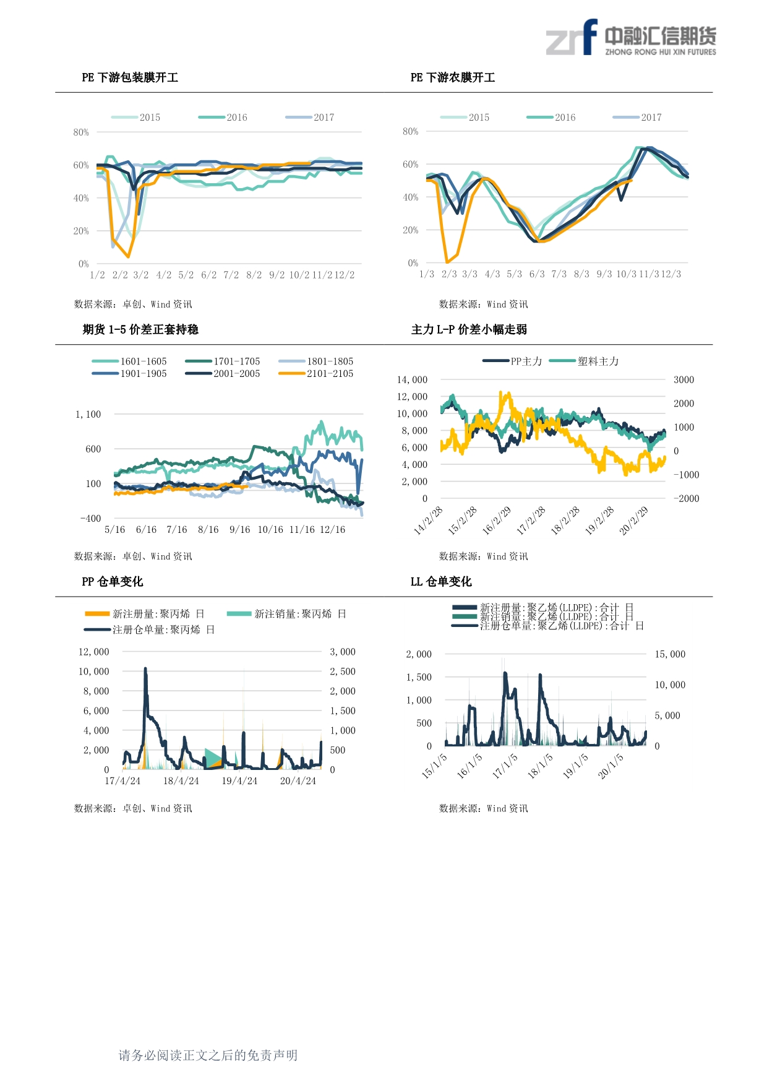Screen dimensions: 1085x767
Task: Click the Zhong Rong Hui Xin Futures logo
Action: point(630,39)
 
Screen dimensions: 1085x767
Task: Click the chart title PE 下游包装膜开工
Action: point(130,77)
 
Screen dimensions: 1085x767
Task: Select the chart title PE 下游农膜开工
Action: point(453,77)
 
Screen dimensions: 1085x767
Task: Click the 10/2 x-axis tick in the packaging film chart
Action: point(299,275)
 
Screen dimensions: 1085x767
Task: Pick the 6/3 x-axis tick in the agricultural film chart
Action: point(537,274)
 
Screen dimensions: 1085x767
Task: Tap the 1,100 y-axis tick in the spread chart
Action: point(88,415)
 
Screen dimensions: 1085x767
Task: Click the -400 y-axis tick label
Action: point(90,519)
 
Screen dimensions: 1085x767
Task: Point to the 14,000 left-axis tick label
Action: point(412,380)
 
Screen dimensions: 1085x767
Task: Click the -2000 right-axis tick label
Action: point(686,499)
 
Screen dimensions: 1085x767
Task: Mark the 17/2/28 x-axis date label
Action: point(531,521)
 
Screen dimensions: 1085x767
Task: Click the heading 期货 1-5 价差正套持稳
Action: point(140,329)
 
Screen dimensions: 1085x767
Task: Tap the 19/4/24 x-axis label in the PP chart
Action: point(239,781)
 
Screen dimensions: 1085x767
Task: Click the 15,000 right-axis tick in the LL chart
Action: point(670,654)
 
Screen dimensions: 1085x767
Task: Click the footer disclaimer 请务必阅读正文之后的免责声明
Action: point(208,1055)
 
